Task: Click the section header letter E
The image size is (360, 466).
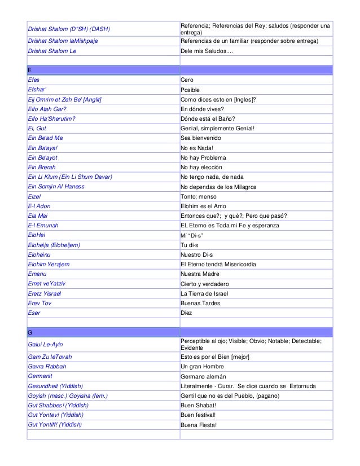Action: [x=29, y=71]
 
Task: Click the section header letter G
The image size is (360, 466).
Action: [x=30, y=332]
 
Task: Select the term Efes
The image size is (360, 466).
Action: [x=34, y=80]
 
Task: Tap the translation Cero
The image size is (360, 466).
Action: [x=187, y=80]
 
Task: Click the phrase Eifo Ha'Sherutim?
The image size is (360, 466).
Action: [x=51, y=118]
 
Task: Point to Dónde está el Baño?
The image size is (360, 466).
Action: [x=207, y=118]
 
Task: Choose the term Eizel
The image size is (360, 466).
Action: [x=35, y=196]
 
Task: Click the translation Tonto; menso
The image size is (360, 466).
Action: [x=198, y=196]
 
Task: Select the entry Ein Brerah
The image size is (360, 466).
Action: [x=42, y=167]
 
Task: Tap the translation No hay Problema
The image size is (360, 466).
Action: [x=203, y=157]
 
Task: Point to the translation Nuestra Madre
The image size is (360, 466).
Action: [x=200, y=274]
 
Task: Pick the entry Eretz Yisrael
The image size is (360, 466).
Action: [x=44, y=293]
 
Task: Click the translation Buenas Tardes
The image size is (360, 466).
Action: [x=200, y=303]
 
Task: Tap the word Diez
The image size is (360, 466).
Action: [x=186, y=313]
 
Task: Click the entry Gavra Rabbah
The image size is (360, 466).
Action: [x=47, y=367]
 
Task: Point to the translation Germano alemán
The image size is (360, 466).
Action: [x=203, y=376]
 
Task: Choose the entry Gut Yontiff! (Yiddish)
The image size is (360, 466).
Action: [x=55, y=424]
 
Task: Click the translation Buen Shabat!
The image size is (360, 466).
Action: [x=199, y=405]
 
